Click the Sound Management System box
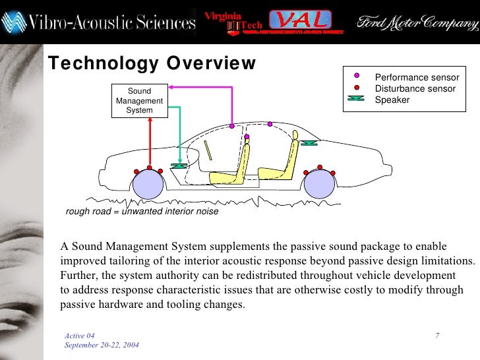[139, 101]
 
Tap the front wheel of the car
[148, 185]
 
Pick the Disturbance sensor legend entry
[415, 88]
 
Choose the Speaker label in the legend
[392, 100]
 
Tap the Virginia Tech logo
[234, 21]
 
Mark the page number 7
[437, 337]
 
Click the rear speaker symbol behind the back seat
[307, 143]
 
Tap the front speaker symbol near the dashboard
[178, 166]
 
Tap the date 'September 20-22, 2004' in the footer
[102, 346]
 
